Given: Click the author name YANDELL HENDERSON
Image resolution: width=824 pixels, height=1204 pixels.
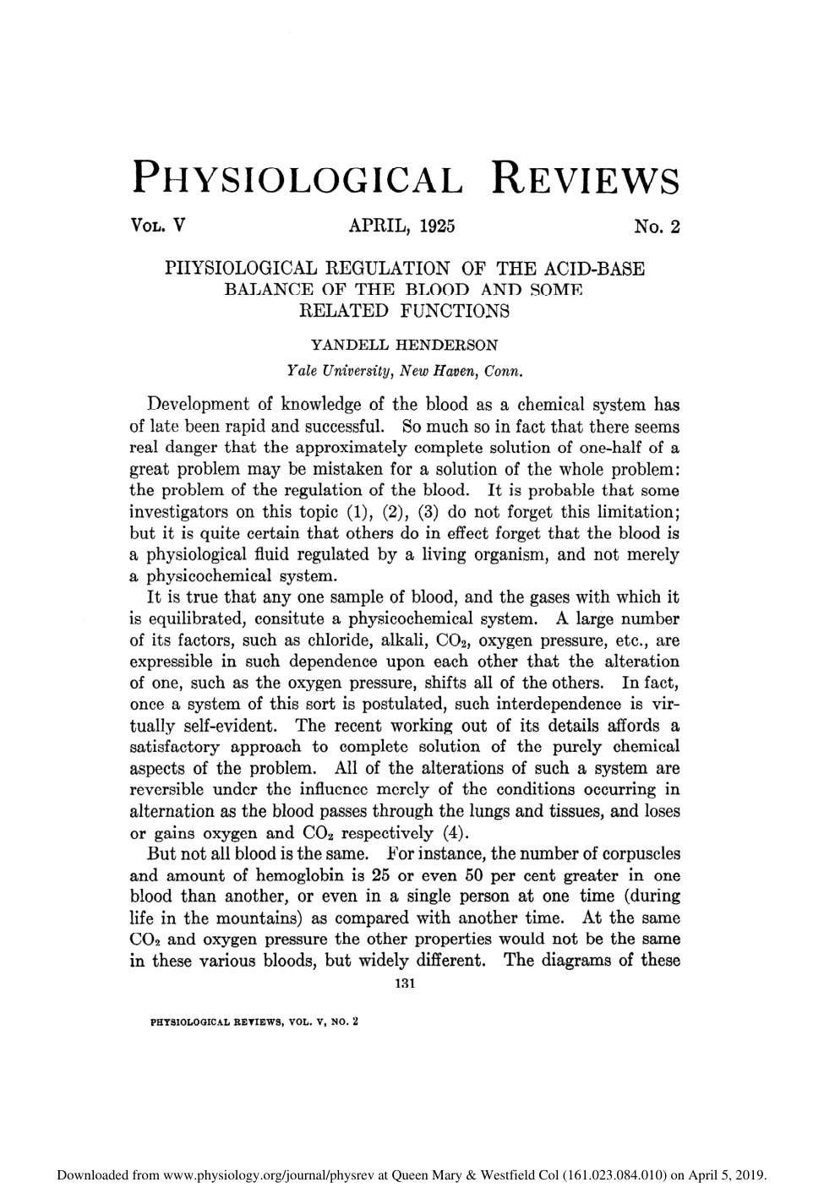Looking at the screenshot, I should click(405, 345).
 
